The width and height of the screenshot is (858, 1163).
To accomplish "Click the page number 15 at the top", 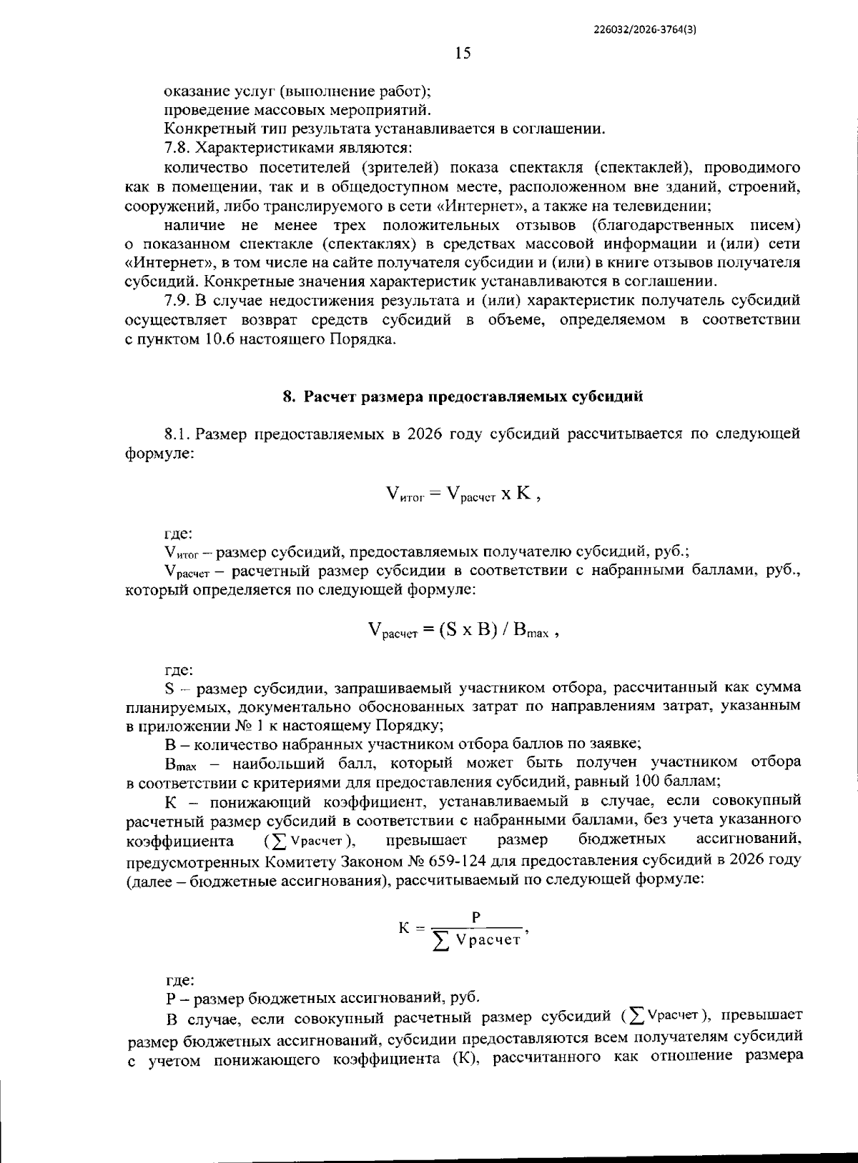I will click(x=463, y=53).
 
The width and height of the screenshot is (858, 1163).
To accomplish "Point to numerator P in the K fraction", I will click(x=475, y=917).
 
